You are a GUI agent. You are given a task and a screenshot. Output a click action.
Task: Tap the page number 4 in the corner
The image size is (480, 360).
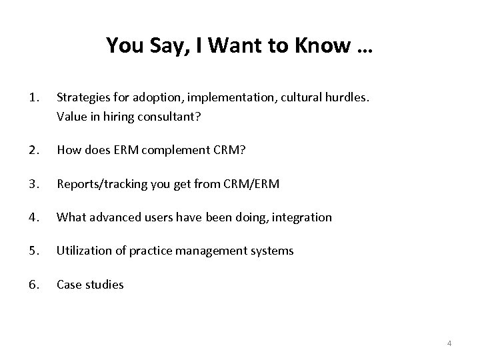tap(449, 343)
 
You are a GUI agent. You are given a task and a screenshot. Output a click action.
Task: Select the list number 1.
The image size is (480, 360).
tap(35, 98)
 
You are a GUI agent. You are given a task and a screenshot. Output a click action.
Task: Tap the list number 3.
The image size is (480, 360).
tap(35, 183)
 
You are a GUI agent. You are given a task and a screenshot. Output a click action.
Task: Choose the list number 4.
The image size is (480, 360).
tap(35, 217)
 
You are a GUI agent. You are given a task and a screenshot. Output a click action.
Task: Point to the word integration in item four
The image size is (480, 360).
tap(302, 217)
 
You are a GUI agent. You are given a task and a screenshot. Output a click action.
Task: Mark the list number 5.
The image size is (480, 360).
tap(35, 251)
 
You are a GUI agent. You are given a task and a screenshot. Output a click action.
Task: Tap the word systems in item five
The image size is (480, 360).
tap(273, 251)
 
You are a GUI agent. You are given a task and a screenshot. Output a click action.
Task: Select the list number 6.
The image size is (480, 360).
tap(35, 285)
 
